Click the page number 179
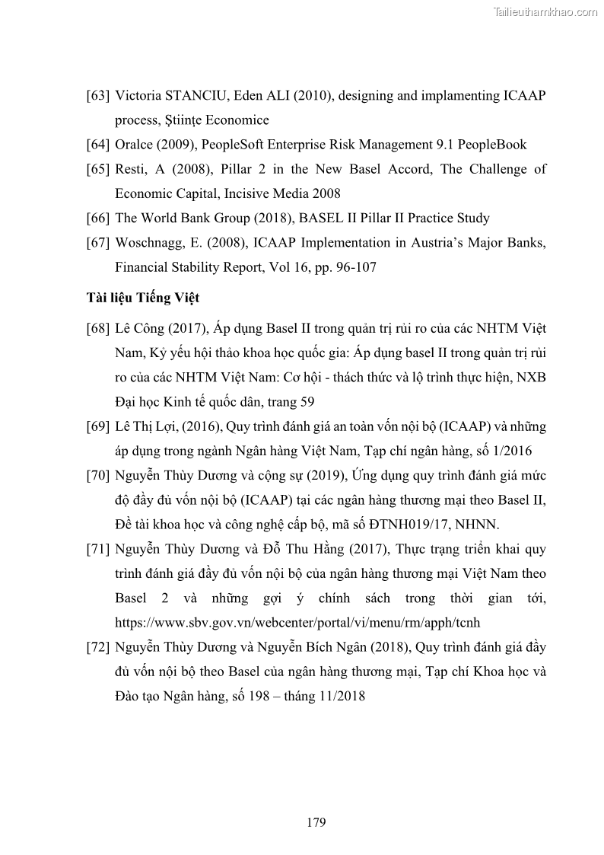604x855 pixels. pyautogui.click(x=316, y=822)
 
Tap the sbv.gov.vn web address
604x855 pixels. pyautogui.click(x=297, y=622)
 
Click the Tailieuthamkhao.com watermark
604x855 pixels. pyautogui.click(x=545, y=11)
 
